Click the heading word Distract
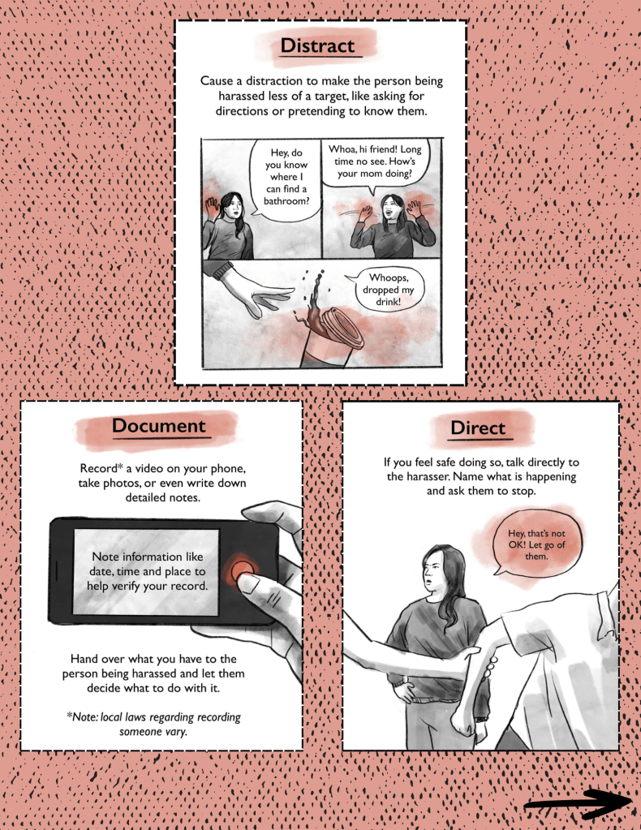317,45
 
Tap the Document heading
158,426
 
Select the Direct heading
478,428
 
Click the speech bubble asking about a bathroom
286,178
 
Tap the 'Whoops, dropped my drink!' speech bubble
388,290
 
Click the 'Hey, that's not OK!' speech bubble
536,544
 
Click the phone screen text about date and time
147,571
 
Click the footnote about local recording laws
153,725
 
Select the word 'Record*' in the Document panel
101,468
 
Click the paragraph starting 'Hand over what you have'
153,673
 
